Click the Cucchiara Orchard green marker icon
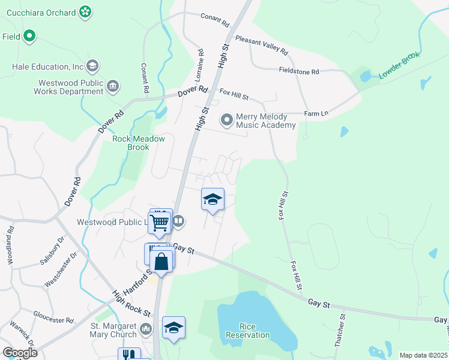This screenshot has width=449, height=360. coord(85,11)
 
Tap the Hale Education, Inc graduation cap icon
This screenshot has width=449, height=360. coord(92,65)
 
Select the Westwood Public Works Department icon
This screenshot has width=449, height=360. coord(112,88)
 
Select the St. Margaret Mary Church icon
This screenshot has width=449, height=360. coord(146,330)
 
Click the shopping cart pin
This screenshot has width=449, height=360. coord(160,223)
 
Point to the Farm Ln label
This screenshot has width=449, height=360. coord(316,113)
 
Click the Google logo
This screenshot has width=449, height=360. coord(20,353)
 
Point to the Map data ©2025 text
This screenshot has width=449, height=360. coord(423,355)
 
